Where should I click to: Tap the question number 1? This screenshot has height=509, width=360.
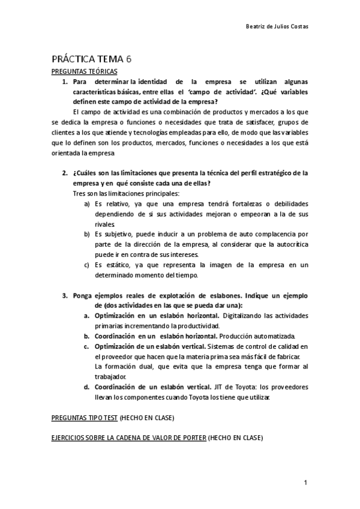(x=65, y=81)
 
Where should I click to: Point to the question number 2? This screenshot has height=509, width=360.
(x=65, y=173)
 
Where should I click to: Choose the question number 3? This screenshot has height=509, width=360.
(x=65, y=295)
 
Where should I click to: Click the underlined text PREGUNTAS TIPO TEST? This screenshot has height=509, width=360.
(x=84, y=417)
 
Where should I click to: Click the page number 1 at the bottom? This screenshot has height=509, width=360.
(x=305, y=483)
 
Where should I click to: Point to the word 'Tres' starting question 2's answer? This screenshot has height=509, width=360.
(x=78, y=193)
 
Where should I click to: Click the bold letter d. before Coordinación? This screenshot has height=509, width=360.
(x=86, y=387)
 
